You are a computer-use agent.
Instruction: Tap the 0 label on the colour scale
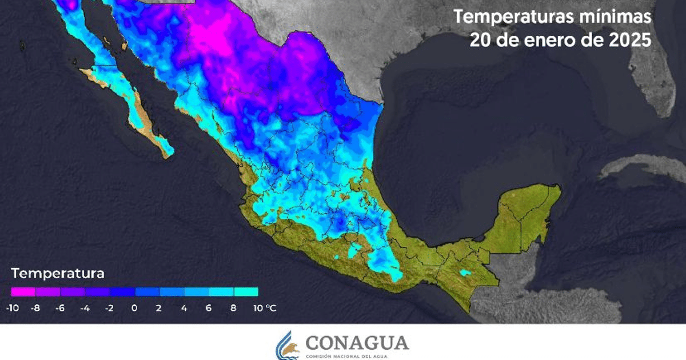tap(134, 308)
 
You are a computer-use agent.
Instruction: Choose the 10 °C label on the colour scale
tap(264, 308)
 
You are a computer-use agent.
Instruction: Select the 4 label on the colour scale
tap(184, 308)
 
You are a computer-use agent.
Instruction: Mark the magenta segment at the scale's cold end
tap(23, 292)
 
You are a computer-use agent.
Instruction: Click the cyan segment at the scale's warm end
tap(245, 292)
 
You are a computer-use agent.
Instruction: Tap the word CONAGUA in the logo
tap(357, 343)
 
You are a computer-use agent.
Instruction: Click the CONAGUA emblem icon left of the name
tap(288, 346)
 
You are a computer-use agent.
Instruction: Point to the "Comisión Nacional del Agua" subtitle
tap(357, 356)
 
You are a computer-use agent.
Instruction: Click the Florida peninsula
tap(657, 86)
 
